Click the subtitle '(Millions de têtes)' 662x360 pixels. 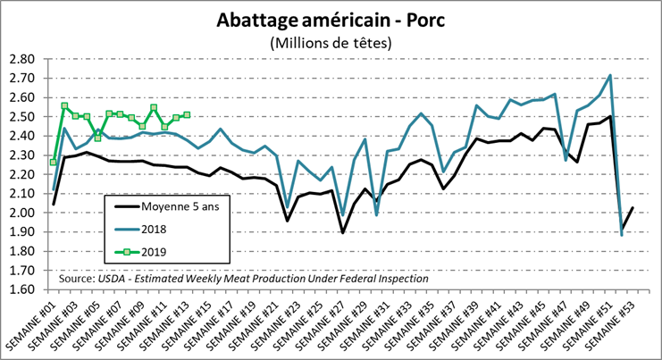coord(331,42)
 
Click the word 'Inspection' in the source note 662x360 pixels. coord(398,279)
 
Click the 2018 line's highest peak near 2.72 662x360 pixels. coord(609,75)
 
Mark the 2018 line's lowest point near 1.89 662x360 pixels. coord(622,234)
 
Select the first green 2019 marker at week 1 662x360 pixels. coord(54,162)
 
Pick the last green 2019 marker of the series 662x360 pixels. coord(187,114)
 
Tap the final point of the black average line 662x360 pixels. coord(633,208)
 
